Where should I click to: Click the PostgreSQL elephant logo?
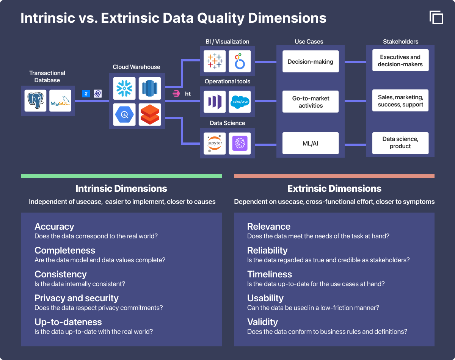[35, 101]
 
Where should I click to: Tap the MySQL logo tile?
[60, 101]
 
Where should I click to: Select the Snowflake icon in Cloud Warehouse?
[124, 88]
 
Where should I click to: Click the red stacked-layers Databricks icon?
[150, 114]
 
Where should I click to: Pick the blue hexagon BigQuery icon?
[124, 114]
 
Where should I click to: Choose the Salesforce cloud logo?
[240, 102]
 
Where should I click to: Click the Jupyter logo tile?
[215, 143]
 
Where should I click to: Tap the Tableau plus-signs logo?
[215, 61]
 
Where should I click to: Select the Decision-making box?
[311, 61]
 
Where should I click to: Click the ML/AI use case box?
[311, 143]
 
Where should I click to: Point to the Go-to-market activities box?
[311, 102]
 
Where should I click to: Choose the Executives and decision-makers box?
[400, 60]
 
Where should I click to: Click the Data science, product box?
[400, 143]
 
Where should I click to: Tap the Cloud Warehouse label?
[136, 67]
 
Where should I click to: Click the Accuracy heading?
[54, 226]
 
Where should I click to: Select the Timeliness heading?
[270, 274]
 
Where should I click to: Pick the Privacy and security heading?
[77, 298]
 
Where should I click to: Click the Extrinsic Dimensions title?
[334, 189]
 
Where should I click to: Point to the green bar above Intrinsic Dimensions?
[122, 176]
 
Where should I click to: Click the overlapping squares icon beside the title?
[436, 17]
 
